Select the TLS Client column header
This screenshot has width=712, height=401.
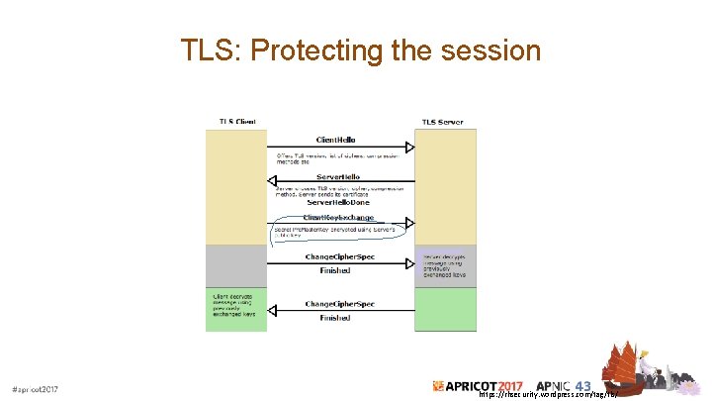click(x=236, y=122)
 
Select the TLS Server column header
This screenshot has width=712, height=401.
click(x=442, y=122)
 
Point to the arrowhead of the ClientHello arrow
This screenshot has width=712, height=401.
click(x=408, y=149)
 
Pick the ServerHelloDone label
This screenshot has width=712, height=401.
click(x=339, y=202)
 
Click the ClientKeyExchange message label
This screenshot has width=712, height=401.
click(x=339, y=217)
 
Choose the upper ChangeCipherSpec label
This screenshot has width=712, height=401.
click(x=339, y=255)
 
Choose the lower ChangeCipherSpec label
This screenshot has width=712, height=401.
click(x=339, y=303)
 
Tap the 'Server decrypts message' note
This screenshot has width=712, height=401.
click(x=443, y=263)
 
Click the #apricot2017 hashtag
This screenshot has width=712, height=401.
click(x=35, y=389)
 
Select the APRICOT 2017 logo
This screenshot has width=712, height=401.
click(x=482, y=385)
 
